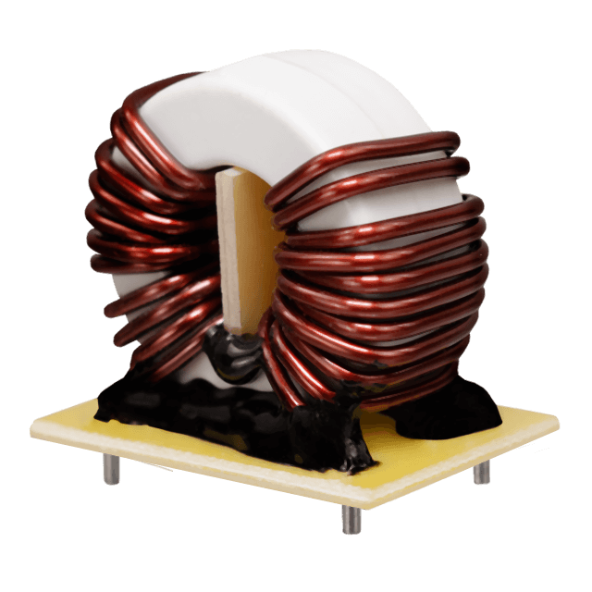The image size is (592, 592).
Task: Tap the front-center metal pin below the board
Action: (348, 519)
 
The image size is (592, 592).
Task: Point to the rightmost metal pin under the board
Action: (479, 473)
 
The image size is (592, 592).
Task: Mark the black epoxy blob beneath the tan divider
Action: (231, 356)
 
